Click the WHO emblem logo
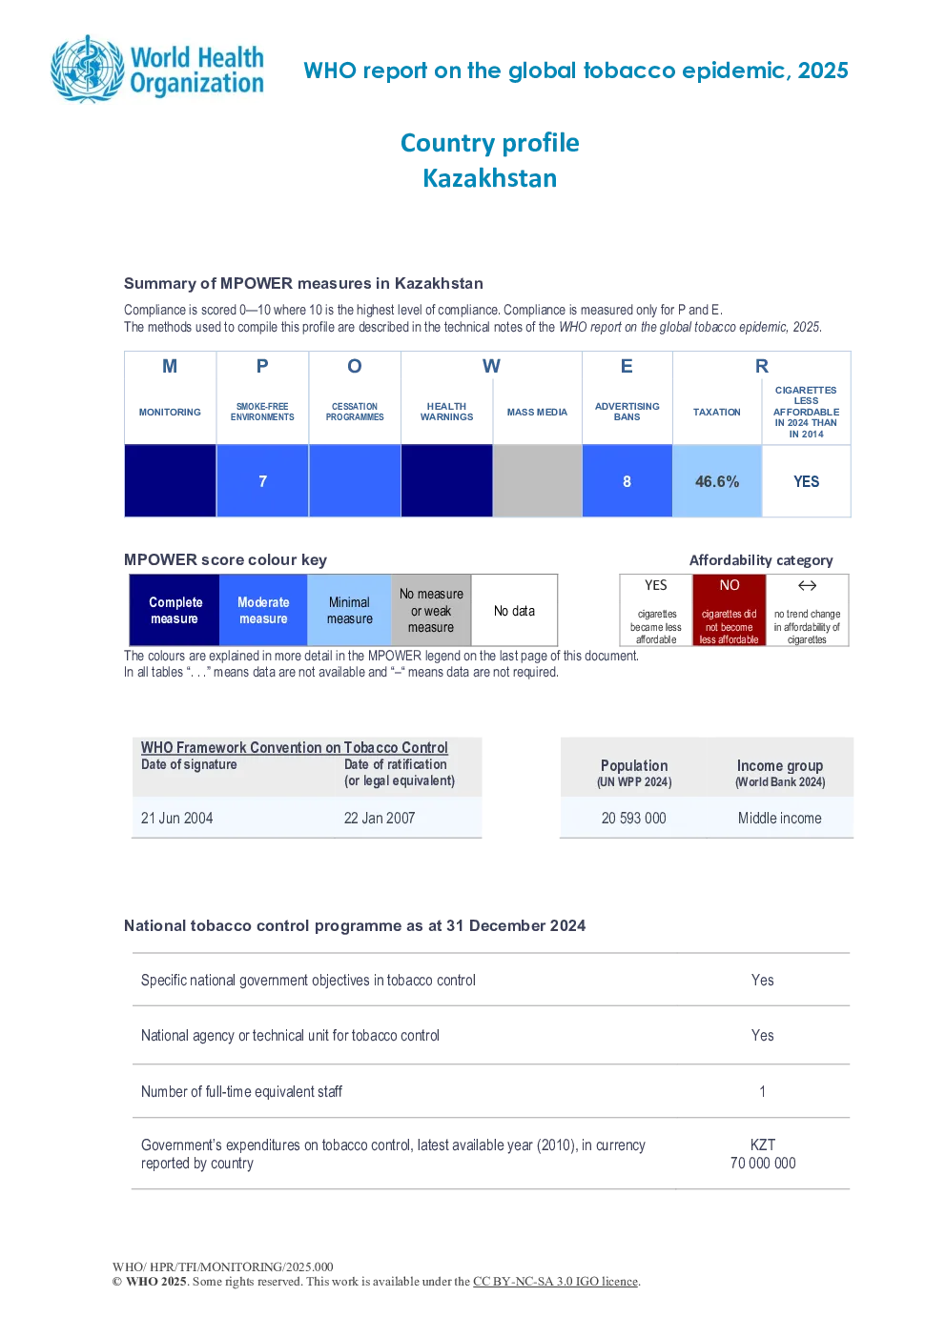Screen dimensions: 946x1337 pos(88,69)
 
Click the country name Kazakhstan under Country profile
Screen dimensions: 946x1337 pos(490,178)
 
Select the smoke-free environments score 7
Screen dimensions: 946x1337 pos(262,481)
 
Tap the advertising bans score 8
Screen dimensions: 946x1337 pos(627,481)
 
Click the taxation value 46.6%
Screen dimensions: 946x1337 pos(717,481)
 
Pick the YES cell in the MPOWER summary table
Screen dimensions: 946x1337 pos(806,481)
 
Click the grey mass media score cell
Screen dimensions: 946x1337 pos(537,480)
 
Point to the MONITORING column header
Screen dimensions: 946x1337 pos(170,412)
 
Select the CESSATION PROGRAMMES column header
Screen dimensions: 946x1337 pos(354,412)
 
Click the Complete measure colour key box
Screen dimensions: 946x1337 pos(175,610)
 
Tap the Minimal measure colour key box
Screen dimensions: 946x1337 pos(349,610)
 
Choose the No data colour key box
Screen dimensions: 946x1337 pos(514,610)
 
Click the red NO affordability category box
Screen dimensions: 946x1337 pos(730,610)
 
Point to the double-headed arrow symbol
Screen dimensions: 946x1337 pos(807,585)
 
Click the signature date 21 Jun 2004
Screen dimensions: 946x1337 pos(176,818)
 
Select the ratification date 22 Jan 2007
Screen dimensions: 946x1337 pos(380,818)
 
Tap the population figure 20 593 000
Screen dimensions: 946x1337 pos(633,818)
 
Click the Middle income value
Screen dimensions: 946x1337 pos(779,818)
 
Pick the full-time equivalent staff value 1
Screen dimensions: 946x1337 pos(762,1091)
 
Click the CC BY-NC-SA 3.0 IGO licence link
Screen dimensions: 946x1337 pos(555,1281)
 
